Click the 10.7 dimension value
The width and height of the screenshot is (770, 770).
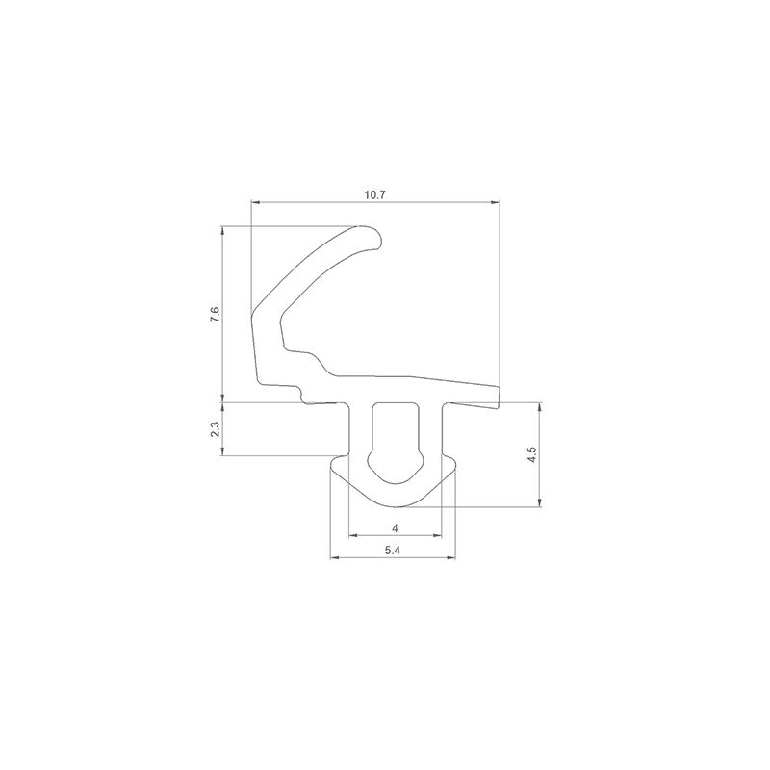[x=374, y=194]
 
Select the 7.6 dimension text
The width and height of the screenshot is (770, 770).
[x=215, y=314]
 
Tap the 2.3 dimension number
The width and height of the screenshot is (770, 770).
[x=215, y=429]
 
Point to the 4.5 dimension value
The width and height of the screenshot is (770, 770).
[x=532, y=454]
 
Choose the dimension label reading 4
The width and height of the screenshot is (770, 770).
[x=396, y=528]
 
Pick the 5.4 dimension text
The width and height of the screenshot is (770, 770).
[x=393, y=551]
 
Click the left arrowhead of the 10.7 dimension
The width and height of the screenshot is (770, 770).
[x=255, y=201]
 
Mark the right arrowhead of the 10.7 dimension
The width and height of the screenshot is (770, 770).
[x=496, y=201]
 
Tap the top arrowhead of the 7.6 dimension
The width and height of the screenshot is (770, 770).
[x=222, y=230]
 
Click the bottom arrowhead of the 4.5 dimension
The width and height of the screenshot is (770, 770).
[x=540, y=502]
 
